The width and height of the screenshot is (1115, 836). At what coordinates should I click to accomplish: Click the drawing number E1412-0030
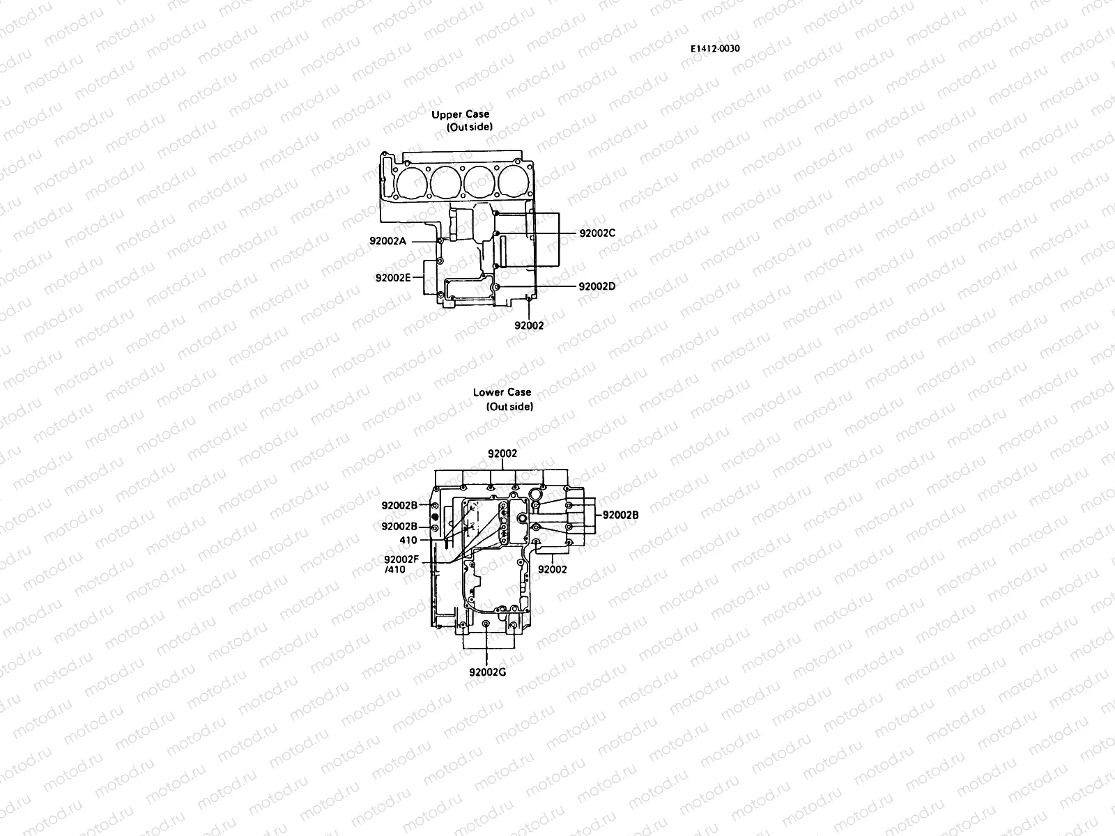click(715, 49)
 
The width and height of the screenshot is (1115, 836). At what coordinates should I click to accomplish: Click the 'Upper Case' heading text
click(460, 114)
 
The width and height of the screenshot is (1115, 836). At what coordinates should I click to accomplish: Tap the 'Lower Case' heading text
click(502, 392)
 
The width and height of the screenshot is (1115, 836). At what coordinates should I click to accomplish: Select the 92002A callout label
click(388, 241)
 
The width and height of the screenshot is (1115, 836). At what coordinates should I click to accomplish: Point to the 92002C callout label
click(597, 233)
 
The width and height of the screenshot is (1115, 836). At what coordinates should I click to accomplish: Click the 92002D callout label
click(597, 286)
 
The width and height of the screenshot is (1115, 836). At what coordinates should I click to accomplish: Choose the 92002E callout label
click(393, 277)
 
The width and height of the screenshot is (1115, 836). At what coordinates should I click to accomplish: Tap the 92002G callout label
click(487, 672)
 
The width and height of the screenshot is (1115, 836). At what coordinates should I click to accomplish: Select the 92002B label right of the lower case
click(620, 515)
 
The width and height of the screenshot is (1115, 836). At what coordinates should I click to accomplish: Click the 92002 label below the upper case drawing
click(529, 325)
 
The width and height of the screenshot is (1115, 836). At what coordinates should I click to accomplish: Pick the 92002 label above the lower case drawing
click(502, 454)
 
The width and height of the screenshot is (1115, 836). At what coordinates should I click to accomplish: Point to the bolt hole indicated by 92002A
click(439, 241)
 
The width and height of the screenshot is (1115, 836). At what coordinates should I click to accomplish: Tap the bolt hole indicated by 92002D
click(495, 286)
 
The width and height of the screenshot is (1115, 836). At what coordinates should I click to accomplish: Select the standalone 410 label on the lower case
click(408, 540)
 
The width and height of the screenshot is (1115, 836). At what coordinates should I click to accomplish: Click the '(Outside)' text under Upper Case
click(469, 127)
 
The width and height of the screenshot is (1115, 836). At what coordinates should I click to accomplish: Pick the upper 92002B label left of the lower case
click(399, 505)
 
